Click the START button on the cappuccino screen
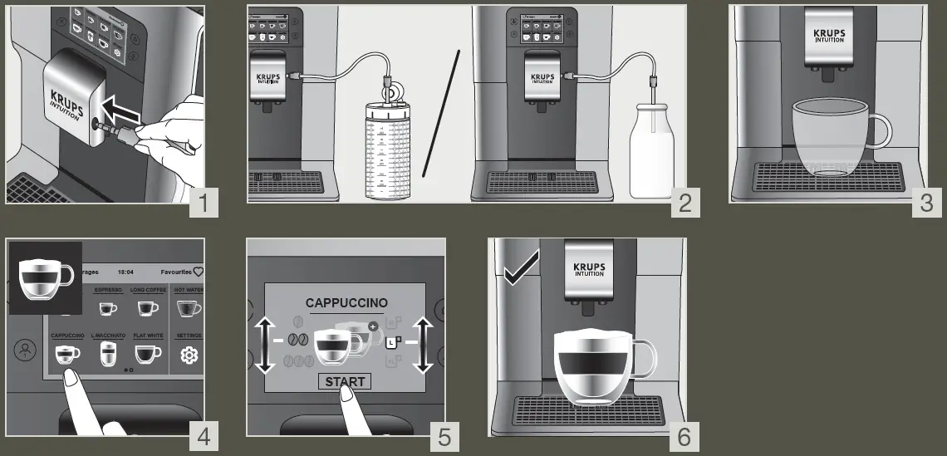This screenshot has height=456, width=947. pyautogui.click(x=345, y=382)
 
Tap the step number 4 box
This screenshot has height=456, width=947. pyautogui.click(x=204, y=436)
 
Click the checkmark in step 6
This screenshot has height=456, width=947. pyautogui.click(x=520, y=269)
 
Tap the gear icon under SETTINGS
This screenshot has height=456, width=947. pyautogui.click(x=189, y=355)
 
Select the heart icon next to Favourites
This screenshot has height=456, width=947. pyautogui.click(x=198, y=272)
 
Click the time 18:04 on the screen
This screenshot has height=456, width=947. pyautogui.click(x=125, y=272)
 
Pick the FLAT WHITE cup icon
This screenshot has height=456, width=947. pyautogui.click(x=148, y=355)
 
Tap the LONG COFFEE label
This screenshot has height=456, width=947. pyautogui.click(x=148, y=290)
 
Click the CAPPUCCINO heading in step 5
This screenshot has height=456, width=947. pyautogui.click(x=346, y=303)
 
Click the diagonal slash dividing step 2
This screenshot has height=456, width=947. pyautogui.click(x=441, y=113)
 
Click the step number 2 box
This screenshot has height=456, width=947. pyautogui.click(x=685, y=203)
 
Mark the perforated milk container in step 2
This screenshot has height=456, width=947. pyautogui.click(x=390, y=152)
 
